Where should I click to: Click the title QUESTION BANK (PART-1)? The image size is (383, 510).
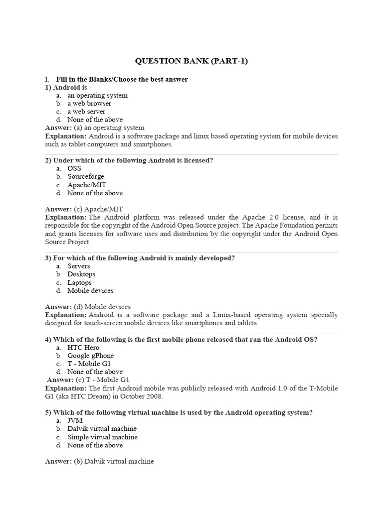191,61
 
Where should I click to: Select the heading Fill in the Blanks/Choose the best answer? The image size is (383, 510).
122,79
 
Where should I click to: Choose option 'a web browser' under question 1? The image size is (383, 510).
89,104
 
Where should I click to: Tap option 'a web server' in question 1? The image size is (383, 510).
86,112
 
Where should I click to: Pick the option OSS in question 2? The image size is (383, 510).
74,168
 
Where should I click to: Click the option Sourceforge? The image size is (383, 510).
86,176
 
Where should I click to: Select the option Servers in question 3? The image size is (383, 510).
79,266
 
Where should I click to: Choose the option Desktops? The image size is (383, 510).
81,274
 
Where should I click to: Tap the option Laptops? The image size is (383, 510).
79,282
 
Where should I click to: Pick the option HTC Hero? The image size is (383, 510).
83,347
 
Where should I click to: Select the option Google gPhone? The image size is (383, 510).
90,356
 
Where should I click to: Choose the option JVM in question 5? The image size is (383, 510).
75,420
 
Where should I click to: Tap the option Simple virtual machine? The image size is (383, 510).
102,437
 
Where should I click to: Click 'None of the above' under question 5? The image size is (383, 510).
95,445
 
